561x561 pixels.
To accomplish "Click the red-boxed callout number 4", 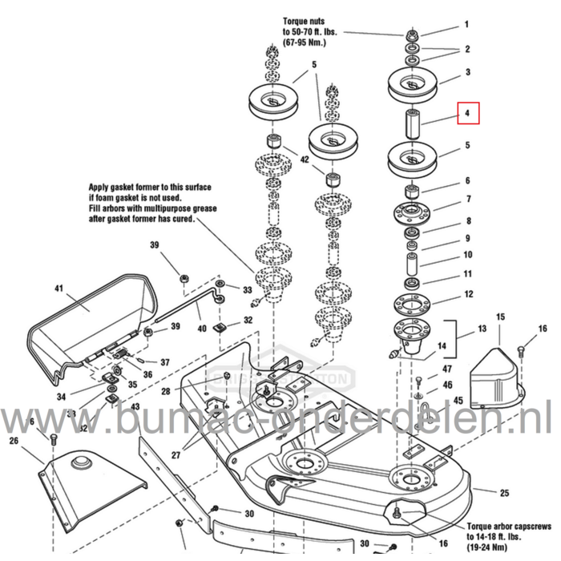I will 467,113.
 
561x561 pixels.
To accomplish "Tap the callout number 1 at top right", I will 468,25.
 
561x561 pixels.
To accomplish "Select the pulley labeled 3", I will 412,82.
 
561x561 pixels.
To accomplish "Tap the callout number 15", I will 500,318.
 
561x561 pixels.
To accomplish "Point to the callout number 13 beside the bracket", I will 481,329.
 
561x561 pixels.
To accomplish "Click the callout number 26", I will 14,440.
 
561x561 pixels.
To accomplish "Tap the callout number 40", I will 202,328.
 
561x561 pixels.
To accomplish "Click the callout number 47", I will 447,369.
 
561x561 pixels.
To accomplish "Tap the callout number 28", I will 165,391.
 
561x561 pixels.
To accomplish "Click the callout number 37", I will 164,362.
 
